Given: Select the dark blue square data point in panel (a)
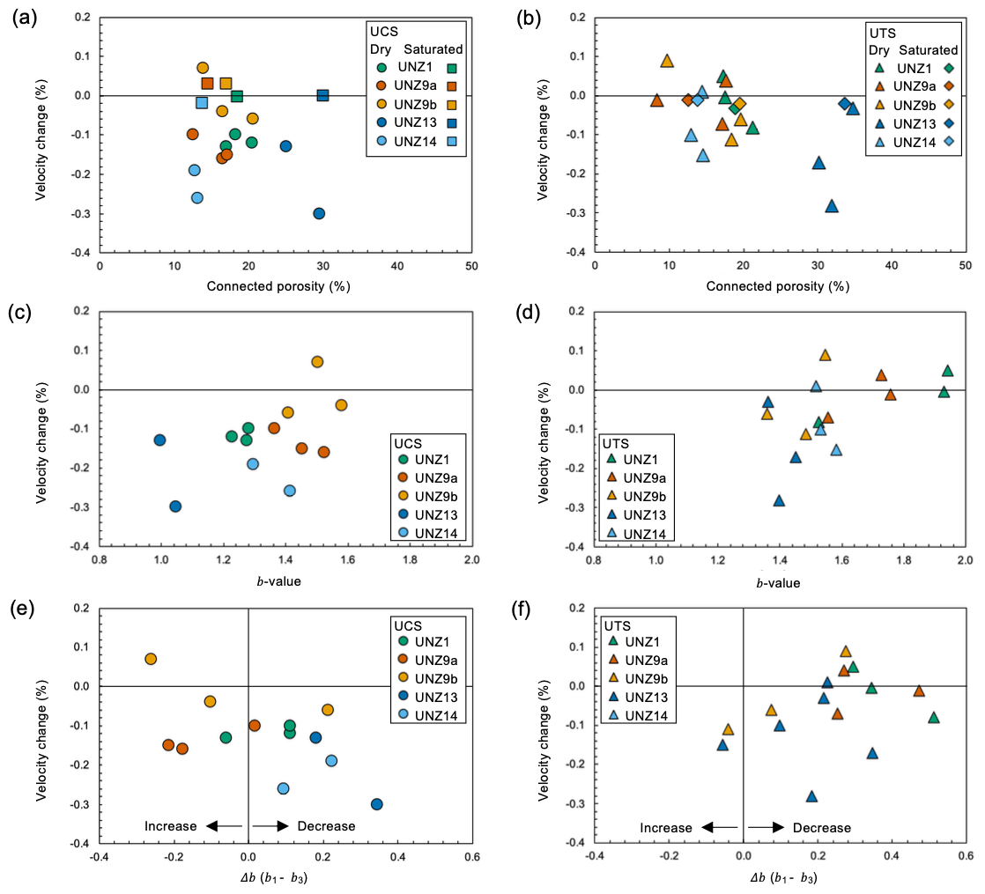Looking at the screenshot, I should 322,95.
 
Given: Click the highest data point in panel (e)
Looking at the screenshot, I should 151,659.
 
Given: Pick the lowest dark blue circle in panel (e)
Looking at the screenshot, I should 377,804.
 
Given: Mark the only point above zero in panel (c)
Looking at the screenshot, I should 317,362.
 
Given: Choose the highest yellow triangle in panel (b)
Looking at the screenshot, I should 667,61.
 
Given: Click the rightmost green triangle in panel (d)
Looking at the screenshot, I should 947,371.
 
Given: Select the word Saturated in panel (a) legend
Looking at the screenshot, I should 433,49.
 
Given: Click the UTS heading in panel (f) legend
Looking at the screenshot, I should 618,624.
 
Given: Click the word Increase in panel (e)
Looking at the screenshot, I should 171,826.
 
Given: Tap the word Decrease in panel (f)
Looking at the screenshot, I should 821,828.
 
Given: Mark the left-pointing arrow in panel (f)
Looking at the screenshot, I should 722,828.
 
